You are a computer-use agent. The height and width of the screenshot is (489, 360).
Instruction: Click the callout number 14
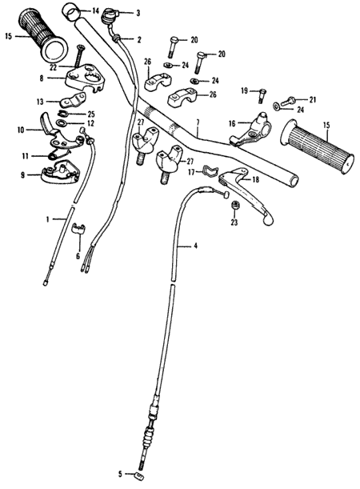point(95,11)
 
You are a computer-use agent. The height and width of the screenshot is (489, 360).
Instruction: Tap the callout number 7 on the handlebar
point(198,122)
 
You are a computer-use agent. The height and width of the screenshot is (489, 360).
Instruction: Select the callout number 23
point(234,222)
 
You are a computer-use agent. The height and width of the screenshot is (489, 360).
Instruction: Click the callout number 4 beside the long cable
point(195,246)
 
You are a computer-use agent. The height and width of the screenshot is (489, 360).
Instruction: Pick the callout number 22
point(53,68)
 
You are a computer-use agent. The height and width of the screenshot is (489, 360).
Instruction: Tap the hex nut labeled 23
point(234,206)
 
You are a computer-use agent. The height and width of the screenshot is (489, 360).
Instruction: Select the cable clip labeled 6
point(79,228)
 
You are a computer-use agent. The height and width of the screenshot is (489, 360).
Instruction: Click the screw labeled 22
point(79,56)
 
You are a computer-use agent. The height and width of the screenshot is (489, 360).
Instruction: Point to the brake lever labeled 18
point(246,194)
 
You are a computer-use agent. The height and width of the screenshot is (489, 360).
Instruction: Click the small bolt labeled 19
point(261,95)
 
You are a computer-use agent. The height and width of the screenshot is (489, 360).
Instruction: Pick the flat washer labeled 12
point(62,122)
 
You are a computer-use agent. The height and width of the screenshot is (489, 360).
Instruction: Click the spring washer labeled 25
point(62,114)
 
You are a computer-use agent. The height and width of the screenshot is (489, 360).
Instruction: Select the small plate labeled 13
point(74,99)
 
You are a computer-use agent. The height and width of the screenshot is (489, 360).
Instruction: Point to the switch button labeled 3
point(110,15)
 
